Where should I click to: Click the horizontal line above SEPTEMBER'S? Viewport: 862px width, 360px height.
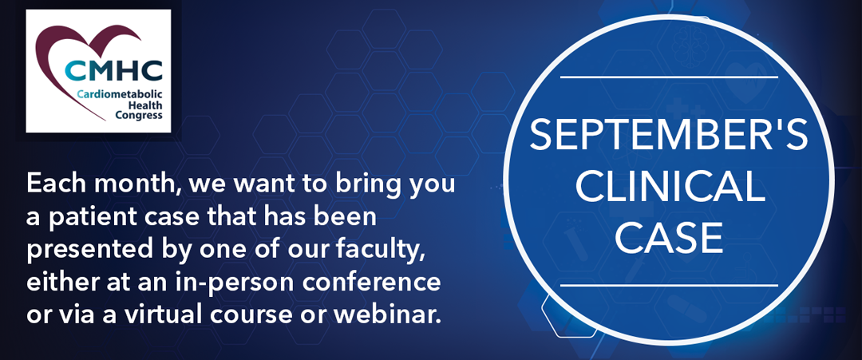click(669, 77)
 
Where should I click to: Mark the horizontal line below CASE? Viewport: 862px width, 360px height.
click(669, 285)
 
